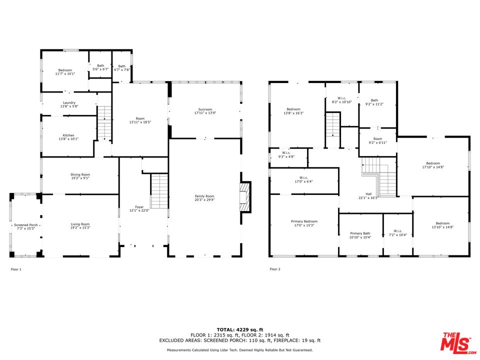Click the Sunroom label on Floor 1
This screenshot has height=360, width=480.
point(205,109)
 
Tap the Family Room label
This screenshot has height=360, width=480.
point(204,196)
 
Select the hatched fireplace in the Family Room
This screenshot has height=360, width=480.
point(245,197)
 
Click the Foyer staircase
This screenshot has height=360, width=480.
point(159,191)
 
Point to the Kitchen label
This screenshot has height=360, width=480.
point(68,135)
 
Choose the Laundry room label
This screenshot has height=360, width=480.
point(69,103)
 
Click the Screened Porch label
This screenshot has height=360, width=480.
point(26,225)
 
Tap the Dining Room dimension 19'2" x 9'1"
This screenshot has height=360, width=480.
point(80,178)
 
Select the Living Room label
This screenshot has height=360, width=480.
point(80,224)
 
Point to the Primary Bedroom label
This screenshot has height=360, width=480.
point(304,221)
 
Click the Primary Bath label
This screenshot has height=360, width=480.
point(360,233)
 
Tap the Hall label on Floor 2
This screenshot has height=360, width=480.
point(368,194)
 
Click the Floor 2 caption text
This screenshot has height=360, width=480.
point(275,269)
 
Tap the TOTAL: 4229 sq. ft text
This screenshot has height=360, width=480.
point(240,329)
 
